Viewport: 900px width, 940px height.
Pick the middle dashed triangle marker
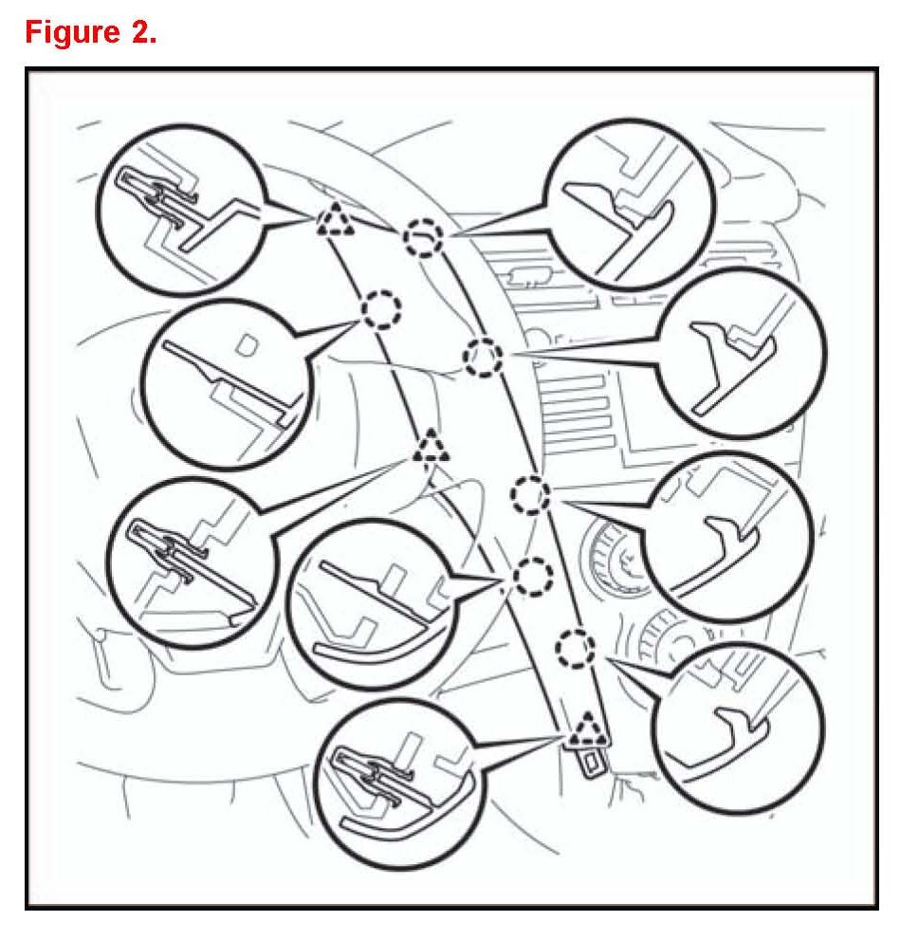[x=432, y=444]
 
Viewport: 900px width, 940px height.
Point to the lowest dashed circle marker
[x=574, y=648]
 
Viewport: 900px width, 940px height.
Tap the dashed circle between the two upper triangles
[x=381, y=308]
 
